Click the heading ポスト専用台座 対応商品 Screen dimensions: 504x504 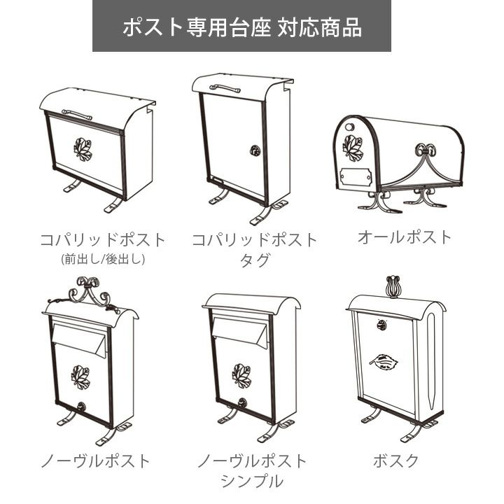(x=241, y=27)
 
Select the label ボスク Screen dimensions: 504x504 (x=395, y=461)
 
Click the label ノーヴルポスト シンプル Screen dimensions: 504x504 (x=252, y=470)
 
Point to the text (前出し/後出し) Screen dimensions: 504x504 (x=103, y=260)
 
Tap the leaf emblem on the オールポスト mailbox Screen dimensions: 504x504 (x=352, y=147)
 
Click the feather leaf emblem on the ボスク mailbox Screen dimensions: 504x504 (x=384, y=362)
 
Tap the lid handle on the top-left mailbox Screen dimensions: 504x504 (x=77, y=113)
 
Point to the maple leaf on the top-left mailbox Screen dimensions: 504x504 (x=83, y=149)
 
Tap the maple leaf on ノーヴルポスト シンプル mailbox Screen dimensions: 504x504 (x=241, y=375)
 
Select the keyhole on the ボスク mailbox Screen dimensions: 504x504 (x=381, y=324)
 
